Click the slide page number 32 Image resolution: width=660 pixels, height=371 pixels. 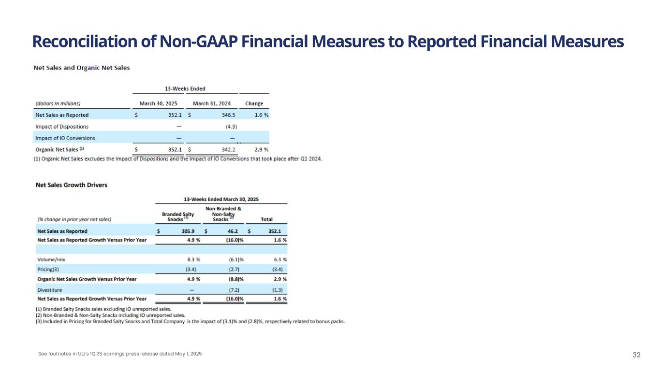pos(636,355)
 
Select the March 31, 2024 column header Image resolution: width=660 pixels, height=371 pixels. pos(211,103)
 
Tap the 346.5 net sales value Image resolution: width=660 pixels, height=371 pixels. pos(225,115)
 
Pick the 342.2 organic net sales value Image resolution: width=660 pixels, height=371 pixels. pos(225,150)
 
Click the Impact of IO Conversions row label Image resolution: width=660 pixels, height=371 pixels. pos(65,138)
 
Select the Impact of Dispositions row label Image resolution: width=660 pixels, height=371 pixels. pos(62,127)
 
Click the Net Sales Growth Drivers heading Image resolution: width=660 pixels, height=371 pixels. pos(72,185)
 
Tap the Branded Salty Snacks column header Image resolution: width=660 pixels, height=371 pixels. pos(178,216)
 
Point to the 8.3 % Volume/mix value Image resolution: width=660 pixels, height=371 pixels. pos(191,259)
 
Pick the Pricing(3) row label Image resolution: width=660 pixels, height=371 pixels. pos(49,269)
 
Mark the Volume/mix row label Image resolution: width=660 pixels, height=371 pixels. pos(51,259)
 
